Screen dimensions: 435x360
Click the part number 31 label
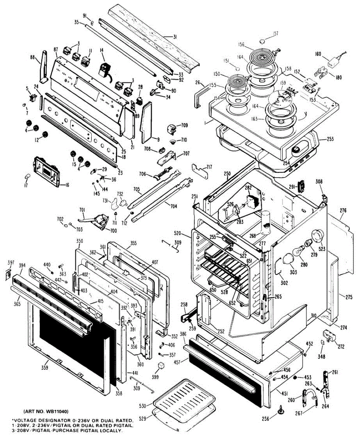(175, 37)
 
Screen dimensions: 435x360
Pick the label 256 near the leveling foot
(266, 419)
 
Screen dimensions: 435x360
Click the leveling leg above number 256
(281, 409)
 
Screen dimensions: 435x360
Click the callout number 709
(185, 125)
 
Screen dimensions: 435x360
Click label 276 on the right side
(343, 210)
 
